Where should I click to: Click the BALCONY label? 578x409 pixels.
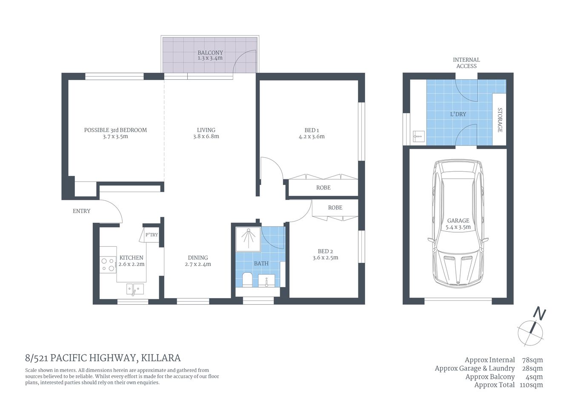tap(210, 53)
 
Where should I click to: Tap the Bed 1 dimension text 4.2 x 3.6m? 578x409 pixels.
tap(312, 137)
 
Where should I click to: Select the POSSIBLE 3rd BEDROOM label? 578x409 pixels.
tap(115, 130)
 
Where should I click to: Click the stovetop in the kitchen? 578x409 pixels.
tap(108, 265)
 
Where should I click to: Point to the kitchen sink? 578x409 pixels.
tap(135, 289)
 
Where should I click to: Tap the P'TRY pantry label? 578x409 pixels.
tap(152, 235)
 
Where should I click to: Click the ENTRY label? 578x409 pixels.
tap(81, 211)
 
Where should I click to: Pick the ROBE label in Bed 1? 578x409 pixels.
tap(323, 187)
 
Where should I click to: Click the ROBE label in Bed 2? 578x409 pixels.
tap(335, 207)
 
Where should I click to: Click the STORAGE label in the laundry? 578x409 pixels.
tap(500, 120)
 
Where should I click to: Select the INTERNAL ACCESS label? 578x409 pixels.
tap(466, 63)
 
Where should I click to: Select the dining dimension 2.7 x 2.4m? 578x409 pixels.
tap(198, 264)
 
